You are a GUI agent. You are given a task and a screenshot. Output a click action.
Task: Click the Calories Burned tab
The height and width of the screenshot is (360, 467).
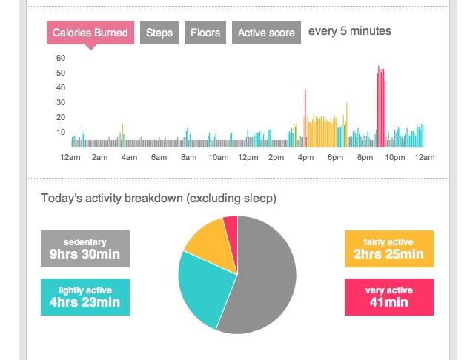tap(90, 33)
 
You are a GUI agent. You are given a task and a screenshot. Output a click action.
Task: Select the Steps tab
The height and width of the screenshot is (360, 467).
tap(159, 33)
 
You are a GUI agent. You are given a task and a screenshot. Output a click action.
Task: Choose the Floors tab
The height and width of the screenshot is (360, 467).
tap(205, 33)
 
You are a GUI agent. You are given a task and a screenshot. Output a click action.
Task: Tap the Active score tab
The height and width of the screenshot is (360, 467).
tap(266, 33)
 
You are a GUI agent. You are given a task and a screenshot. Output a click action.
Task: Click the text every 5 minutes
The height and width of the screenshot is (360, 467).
tap(349, 31)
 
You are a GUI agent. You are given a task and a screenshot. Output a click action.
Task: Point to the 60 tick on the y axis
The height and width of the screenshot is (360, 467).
tap(61, 58)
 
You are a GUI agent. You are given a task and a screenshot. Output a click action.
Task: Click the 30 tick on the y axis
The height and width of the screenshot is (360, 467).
tap(61, 102)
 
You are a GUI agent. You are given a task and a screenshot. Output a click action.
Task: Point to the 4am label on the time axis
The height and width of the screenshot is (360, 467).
tap(129, 157)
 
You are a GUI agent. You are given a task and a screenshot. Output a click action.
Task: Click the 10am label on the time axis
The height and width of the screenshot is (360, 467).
tap(218, 157)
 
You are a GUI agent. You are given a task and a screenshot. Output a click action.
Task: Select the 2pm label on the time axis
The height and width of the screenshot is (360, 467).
tap(276, 157)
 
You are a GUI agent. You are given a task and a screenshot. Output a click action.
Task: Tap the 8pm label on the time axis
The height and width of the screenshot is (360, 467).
tap(365, 157)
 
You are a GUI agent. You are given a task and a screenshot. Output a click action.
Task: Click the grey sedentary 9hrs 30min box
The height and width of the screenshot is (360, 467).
tap(85, 249)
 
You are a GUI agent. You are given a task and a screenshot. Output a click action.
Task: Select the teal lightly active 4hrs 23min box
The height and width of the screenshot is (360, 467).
tap(85, 297)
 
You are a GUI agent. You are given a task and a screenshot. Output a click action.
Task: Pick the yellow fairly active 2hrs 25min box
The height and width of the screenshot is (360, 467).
tap(388, 249)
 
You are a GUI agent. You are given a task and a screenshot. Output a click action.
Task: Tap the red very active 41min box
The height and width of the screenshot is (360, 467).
tap(388, 297)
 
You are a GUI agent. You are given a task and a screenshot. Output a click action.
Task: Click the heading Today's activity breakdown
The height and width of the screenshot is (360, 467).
tap(159, 199)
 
